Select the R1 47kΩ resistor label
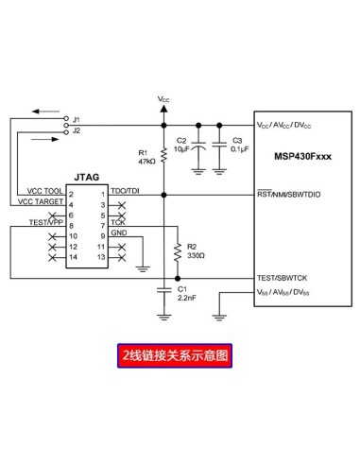146,157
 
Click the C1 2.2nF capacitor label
186,292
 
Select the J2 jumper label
77,130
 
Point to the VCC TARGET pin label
40,202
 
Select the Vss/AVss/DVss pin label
289,293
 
